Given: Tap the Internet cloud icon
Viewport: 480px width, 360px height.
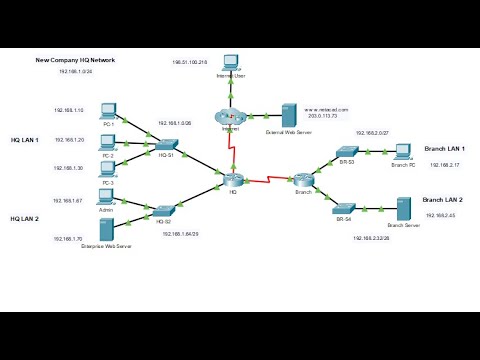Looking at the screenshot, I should [231, 116].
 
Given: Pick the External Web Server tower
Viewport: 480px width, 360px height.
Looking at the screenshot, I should [289, 113].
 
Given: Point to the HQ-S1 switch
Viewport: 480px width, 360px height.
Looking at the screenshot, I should [166, 145].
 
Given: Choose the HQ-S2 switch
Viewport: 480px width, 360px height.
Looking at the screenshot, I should [166, 210].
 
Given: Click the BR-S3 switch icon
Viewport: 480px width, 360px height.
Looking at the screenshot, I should [346, 152].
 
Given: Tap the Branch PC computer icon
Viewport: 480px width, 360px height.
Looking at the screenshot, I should [402, 151].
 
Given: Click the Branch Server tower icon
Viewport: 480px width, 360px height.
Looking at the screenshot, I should [405, 208].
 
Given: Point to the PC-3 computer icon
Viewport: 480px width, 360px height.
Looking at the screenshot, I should [109, 169].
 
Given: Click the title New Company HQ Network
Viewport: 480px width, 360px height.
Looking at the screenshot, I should [75, 60].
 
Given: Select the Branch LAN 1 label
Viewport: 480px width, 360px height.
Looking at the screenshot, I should [444, 148].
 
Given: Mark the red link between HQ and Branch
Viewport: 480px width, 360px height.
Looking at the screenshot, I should [269, 181].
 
